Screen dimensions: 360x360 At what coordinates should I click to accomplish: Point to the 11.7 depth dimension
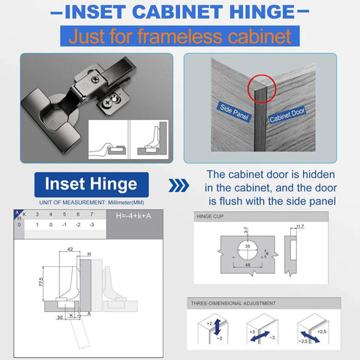(x=301, y=226)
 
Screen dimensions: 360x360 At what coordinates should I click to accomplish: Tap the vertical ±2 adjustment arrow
(x=217, y=327)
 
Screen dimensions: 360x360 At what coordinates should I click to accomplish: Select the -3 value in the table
(x=92, y=225)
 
